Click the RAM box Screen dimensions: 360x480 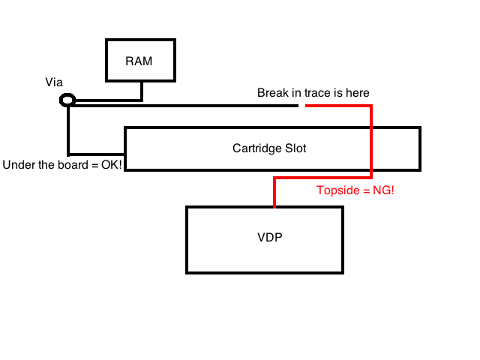(x=139, y=61)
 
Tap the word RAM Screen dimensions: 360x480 (x=139, y=61)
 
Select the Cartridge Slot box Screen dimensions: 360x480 (x=271, y=148)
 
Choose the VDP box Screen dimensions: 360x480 (x=264, y=239)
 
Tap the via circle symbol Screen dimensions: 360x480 (x=67, y=100)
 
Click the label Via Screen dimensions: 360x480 (x=54, y=82)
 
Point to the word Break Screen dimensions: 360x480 (x=272, y=93)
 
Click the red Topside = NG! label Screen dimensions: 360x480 (x=355, y=191)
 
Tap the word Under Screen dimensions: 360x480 (x=19, y=164)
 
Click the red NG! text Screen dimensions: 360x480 (x=382, y=191)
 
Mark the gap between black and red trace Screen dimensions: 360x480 (x=302, y=106)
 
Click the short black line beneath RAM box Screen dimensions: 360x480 (x=141, y=91)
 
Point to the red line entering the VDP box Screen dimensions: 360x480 (x=275, y=193)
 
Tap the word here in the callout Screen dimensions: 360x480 (x=356, y=93)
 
